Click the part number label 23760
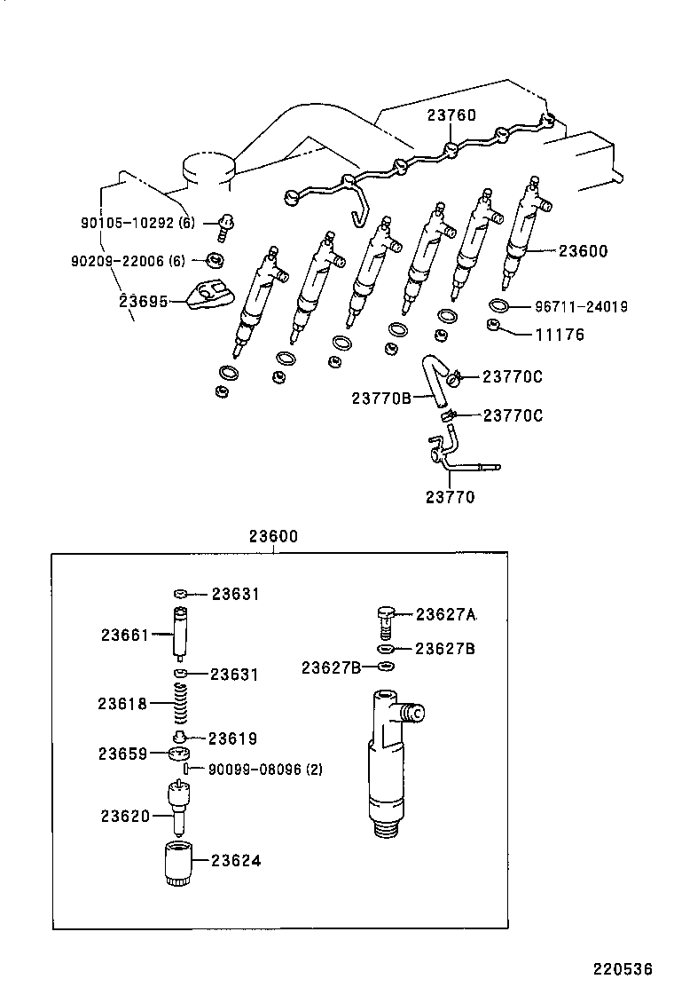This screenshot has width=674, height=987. tap(451, 115)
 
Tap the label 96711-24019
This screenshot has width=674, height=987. tap(581, 307)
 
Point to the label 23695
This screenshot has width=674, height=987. tap(143, 302)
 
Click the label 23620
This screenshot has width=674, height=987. tap(124, 815)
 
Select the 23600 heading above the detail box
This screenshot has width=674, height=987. tap(273, 536)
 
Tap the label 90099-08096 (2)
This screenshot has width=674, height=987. tap(264, 770)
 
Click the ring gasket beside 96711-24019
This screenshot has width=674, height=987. tap(499, 307)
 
